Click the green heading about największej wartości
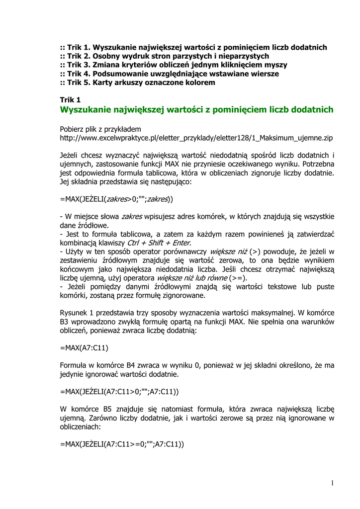(x=196, y=109)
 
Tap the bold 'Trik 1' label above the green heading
(x=70, y=100)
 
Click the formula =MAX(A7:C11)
(x=84, y=347)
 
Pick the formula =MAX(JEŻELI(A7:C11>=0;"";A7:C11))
(x=122, y=445)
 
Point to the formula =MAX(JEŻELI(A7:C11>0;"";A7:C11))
(x=119, y=391)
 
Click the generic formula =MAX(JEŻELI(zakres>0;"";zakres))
(x=116, y=199)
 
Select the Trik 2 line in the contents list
(x=164, y=56)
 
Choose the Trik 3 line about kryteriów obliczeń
(x=173, y=65)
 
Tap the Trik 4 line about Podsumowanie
(x=169, y=74)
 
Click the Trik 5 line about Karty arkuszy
(x=138, y=83)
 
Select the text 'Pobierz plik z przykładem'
(x=100, y=128)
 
